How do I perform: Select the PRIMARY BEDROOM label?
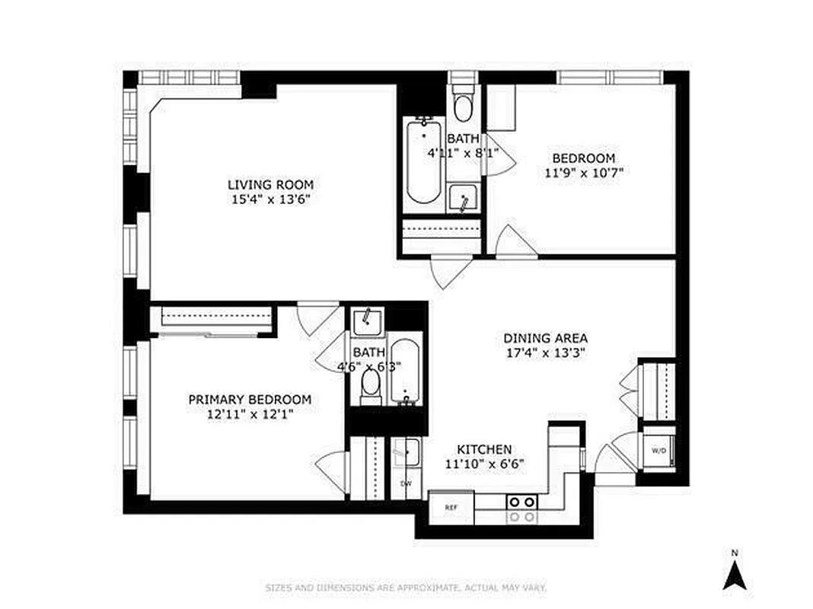click(x=250, y=400)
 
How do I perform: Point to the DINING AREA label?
click(x=545, y=338)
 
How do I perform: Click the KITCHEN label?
click(x=483, y=449)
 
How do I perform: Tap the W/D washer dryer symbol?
click(x=658, y=449)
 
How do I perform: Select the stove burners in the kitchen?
click(x=522, y=509)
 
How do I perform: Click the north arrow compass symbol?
click(x=733, y=571)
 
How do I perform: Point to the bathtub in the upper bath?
click(x=423, y=161)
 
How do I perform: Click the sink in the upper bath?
click(x=463, y=199)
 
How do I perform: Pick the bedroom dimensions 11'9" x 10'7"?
click(x=583, y=172)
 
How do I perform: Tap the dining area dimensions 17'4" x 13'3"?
click(x=545, y=352)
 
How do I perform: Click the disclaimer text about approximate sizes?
click(x=406, y=588)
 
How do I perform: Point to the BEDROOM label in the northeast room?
click(x=583, y=158)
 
